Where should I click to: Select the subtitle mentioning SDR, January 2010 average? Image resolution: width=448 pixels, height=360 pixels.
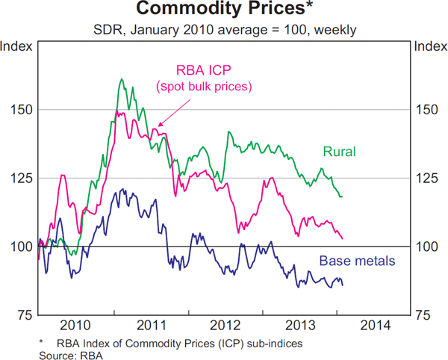pyautogui.click(x=224, y=31)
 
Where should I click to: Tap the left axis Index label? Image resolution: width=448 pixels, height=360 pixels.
pyautogui.click(x=16, y=46)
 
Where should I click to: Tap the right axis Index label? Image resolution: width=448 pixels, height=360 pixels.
pyautogui.click(x=430, y=46)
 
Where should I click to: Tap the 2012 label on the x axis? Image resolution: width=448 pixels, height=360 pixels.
pyautogui.click(x=225, y=326)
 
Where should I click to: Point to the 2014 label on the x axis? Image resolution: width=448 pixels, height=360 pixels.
pyautogui.click(x=374, y=326)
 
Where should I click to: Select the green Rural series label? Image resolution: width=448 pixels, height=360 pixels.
pyautogui.click(x=339, y=152)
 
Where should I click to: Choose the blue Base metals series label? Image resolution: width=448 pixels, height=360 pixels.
pyautogui.click(x=357, y=261)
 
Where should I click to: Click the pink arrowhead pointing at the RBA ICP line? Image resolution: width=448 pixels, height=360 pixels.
pyautogui.click(x=159, y=126)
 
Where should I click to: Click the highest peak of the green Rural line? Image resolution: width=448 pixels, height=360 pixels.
pyautogui.click(x=121, y=78)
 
